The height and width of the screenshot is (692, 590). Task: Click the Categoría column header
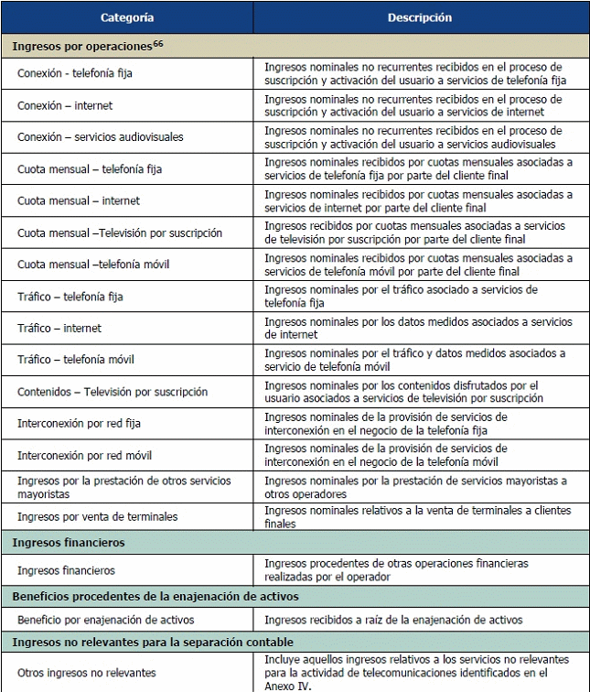127,17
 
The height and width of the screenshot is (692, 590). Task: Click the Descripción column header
419,17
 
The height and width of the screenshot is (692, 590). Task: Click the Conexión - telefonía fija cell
75,74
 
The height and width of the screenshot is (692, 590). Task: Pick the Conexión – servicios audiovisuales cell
100,137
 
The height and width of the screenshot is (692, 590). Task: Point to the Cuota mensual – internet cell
78,200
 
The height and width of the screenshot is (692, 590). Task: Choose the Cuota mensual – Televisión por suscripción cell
119,232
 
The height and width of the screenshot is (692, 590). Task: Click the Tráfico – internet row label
59,328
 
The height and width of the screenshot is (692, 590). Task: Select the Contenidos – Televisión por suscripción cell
112,392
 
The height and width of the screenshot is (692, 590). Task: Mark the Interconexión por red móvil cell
84,455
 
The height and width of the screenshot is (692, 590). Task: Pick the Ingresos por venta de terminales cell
97,516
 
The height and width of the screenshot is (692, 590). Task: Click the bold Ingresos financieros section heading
69,543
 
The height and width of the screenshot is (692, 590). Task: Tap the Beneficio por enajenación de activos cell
105,620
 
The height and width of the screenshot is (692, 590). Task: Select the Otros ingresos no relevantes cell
88,673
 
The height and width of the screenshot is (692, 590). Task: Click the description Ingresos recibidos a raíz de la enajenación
393,620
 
